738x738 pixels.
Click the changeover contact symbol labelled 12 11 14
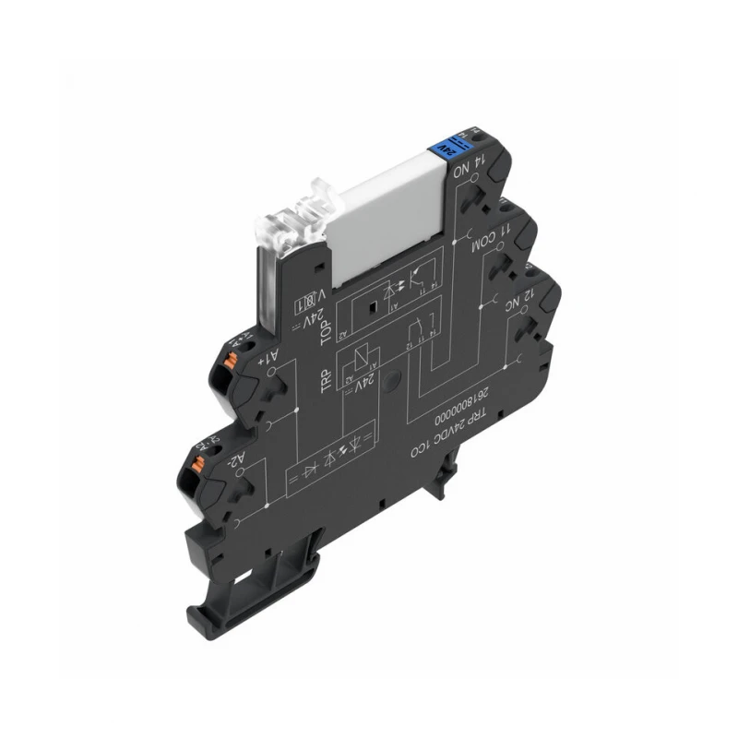point(416,327)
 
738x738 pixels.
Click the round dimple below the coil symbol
point(391,379)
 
